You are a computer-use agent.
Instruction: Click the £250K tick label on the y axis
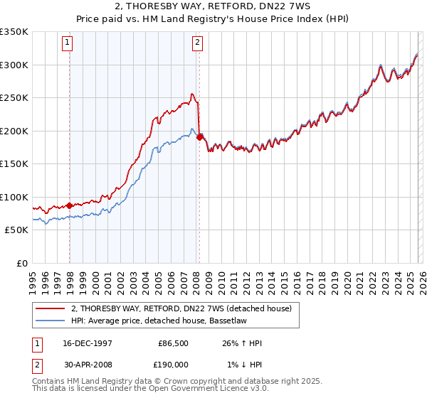click(x=14, y=98)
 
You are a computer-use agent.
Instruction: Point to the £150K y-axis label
click(x=14, y=164)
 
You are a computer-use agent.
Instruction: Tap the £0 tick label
click(x=22, y=263)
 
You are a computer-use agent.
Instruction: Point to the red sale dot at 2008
click(x=200, y=136)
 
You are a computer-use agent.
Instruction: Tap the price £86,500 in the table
click(x=174, y=343)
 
